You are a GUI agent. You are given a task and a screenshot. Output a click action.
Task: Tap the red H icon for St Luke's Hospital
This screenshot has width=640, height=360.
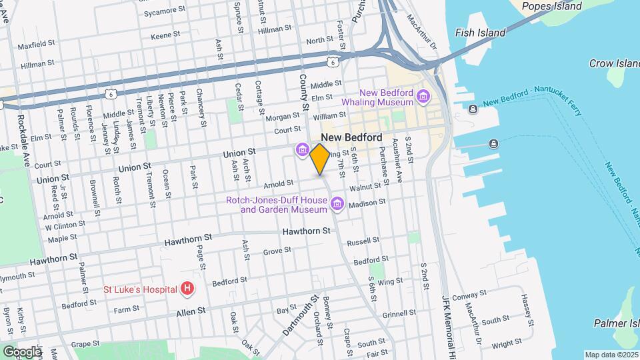tap(188, 289)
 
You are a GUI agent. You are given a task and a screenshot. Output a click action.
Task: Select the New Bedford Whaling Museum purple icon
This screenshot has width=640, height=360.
tap(422, 98)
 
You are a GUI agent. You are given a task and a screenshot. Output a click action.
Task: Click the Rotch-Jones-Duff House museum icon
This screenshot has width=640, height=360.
tap(337, 203)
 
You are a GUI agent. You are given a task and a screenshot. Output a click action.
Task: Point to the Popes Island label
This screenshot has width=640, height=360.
tap(551, 7)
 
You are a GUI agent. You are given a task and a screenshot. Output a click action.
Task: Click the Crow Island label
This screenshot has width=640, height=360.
tap(614, 64)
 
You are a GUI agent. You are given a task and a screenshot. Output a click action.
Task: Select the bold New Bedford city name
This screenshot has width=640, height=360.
tap(356, 137)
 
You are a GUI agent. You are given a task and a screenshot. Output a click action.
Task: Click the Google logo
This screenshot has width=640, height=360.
tap(22, 351)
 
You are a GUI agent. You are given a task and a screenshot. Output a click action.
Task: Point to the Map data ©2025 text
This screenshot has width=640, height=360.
tap(611, 355)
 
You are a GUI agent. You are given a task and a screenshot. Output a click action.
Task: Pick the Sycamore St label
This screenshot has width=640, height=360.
tap(164, 11)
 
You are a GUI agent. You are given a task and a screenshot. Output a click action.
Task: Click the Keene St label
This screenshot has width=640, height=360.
tap(161, 36)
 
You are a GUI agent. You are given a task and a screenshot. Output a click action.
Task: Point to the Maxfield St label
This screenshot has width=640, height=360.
tap(36, 47)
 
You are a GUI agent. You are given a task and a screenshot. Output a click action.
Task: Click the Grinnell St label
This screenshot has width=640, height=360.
tap(399, 312)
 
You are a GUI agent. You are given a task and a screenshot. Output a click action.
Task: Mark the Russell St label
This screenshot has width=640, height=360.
tap(363, 241)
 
